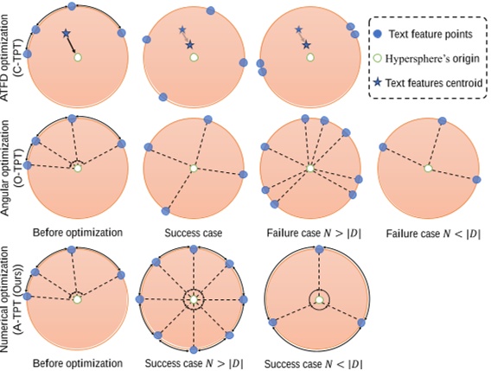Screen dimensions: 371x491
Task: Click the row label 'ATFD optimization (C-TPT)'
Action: tap(10, 57)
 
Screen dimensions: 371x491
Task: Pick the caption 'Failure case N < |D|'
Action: tap(425, 233)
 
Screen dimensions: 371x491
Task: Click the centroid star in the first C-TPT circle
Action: tap(66, 34)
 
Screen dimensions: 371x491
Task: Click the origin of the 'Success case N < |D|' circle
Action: tap(319, 299)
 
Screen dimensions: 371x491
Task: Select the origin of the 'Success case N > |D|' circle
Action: tap(194, 299)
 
